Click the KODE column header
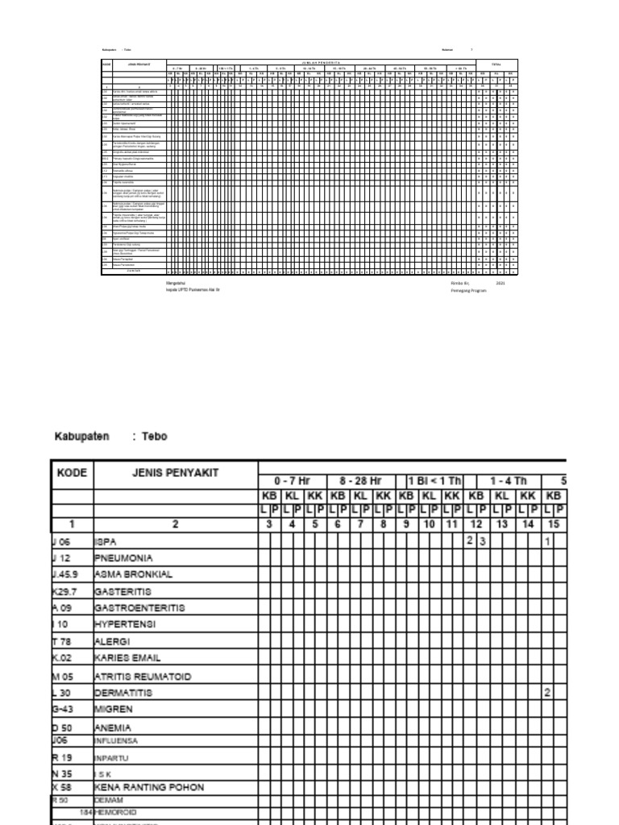(73, 473)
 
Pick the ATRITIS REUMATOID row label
(143, 677)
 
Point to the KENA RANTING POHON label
(149, 786)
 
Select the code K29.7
(65, 591)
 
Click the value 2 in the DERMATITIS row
(547, 693)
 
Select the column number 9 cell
(406, 523)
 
